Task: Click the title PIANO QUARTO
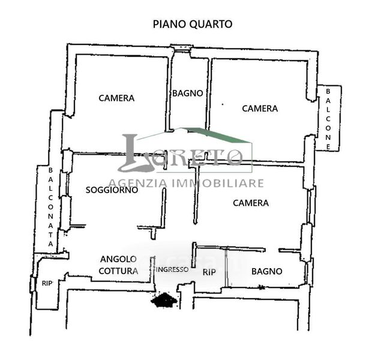click(x=193, y=24)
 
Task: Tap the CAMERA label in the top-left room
click(x=116, y=98)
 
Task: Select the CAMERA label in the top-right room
click(x=260, y=109)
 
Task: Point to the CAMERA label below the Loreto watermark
click(x=251, y=203)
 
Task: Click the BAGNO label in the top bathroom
click(x=188, y=93)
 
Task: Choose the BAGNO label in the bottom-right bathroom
click(x=267, y=271)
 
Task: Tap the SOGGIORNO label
click(x=112, y=190)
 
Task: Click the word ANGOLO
click(x=118, y=259)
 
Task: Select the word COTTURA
click(x=118, y=271)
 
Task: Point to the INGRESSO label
click(x=172, y=269)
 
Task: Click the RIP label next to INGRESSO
click(x=209, y=272)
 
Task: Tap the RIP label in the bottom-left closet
click(x=47, y=283)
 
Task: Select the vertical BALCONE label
click(x=328, y=119)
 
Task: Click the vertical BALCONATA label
click(x=50, y=207)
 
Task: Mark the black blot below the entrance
click(x=164, y=300)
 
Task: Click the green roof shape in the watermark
click(x=218, y=135)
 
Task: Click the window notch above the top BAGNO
click(x=182, y=47)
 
